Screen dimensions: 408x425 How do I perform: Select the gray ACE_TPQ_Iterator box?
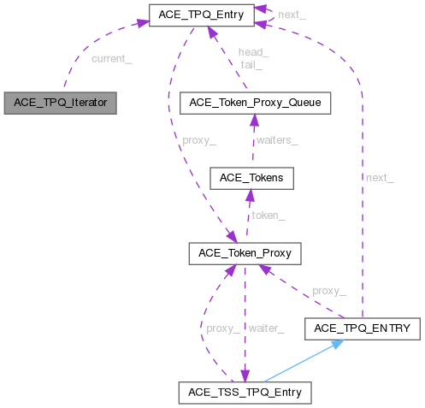click(59, 103)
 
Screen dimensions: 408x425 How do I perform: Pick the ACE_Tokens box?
click(251, 178)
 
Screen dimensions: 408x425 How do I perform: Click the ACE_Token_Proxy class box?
click(244, 253)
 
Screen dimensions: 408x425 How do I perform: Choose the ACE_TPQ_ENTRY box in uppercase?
click(363, 328)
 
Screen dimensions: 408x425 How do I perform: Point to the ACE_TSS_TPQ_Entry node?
click(245, 393)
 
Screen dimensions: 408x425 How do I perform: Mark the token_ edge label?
click(268, 216)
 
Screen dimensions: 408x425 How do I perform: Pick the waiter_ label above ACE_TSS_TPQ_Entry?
click(265, 328)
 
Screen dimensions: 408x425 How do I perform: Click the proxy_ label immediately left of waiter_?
click(223, 328)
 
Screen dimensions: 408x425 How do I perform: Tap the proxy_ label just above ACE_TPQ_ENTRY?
click(328, 291)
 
